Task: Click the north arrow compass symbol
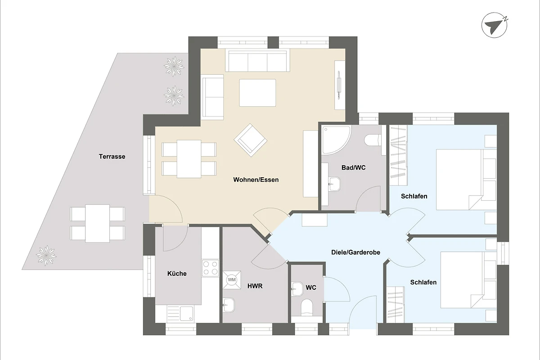point(495,25)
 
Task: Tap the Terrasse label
point(112,157)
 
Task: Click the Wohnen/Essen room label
point(256,180)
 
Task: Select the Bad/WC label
point(353,167)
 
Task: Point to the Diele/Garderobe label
point(355,252)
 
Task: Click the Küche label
point(177,274)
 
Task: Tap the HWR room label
point(255,286)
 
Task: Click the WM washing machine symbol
point(232,280)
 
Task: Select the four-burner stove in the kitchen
point(211,268)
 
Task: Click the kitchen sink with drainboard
point(180,314)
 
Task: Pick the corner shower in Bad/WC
point(336,139)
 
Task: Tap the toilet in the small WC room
point(307,307)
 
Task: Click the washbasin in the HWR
point(228,305)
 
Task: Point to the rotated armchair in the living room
point(251,140)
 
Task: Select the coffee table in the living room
point(257,93)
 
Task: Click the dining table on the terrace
point(97,223)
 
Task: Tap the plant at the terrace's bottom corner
point(46,255)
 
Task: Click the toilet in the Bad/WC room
point(373,140)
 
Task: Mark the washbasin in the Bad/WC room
point(334,184)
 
